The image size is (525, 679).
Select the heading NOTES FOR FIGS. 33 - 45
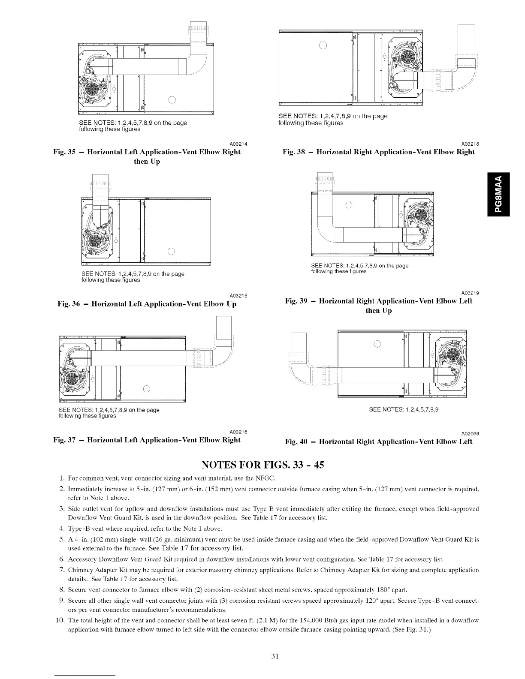tap(262, 465)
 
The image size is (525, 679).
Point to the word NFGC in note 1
tap(266, 478)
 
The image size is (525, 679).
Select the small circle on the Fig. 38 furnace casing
tap(323, 46)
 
